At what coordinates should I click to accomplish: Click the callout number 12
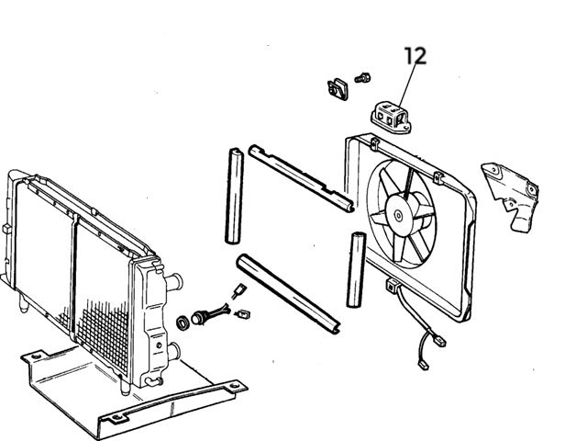pyautogui.click(x=415, y=55)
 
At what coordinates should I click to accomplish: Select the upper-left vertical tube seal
pyautogui.click(x=235, y=197)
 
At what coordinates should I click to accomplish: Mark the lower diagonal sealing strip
pyautogui.click(x=289, y=291)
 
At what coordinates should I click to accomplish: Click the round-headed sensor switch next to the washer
pyautogui.click(x=203, y=319)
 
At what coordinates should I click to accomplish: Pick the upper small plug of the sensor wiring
pyautogui.click(x=238, y=293)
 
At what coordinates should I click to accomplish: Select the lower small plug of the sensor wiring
pyautogui.click(x=244, y=315)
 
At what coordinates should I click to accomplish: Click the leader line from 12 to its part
pyautogui.click(x=404, y=84)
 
